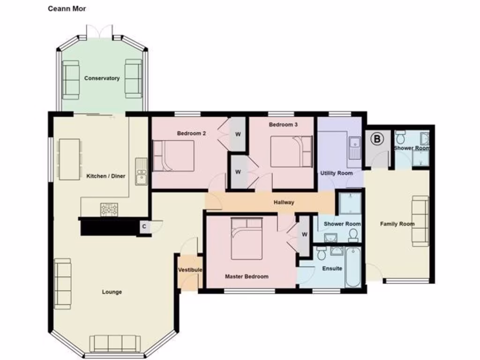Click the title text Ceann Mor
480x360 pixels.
[67, 8]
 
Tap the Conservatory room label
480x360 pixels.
[102, 78]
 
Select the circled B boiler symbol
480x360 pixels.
[376, 139]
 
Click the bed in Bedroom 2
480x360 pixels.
[173, 155]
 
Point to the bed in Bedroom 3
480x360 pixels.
[291, 151]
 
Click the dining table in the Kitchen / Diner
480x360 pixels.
[69, 159]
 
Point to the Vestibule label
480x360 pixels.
[190, 270]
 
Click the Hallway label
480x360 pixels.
[284, 202]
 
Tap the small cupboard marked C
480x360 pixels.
[144, 227]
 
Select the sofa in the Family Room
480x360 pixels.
[420, 221]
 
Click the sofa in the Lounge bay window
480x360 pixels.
[115, 343]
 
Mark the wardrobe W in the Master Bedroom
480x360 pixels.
[304, 234]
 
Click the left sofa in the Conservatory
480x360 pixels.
[71, 79]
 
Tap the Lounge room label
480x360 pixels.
[112, 292]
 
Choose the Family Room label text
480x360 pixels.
[397, 224]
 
